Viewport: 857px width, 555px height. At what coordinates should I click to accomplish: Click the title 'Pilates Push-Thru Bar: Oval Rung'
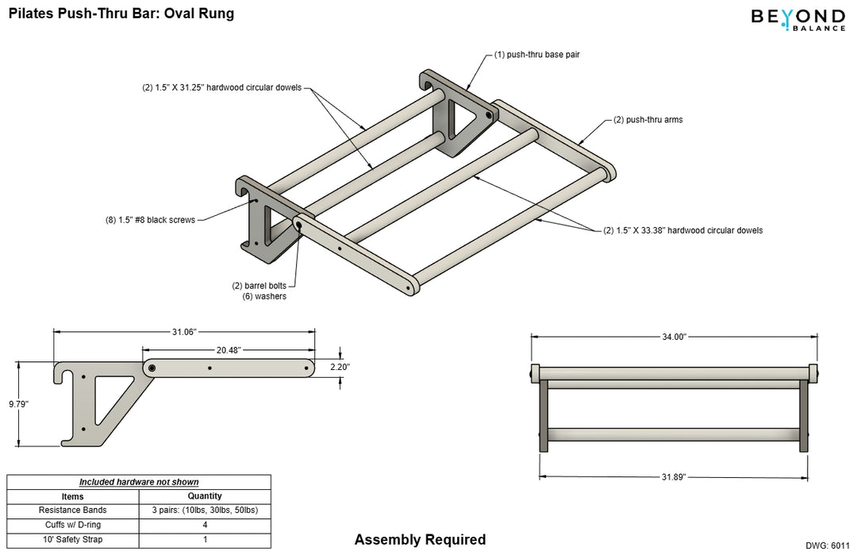click(121, 13)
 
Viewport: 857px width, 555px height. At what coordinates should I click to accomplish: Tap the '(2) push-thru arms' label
click(648, 120)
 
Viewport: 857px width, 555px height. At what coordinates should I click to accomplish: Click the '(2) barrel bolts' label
click(259, 285)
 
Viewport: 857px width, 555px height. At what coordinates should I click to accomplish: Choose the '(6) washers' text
click(264, 296)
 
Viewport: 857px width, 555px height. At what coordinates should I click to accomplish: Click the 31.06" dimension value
click(184, 332)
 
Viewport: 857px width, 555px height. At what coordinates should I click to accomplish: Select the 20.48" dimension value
click(228, 349)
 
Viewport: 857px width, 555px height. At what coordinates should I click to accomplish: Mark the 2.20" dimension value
click(340, 367)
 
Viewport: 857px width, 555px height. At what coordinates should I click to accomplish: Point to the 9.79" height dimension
click(18, 404)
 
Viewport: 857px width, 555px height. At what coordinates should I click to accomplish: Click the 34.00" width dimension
click(674, 337)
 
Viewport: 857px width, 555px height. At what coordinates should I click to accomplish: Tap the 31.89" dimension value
click(674, 476)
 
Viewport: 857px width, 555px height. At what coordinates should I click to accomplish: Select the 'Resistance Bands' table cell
click(72, 510)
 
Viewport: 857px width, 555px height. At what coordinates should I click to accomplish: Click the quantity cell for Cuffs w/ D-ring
click(204, 525)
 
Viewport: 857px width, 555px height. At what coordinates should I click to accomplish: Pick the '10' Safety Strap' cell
click(72, 540)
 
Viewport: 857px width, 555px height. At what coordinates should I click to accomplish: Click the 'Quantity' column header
click(204, 495)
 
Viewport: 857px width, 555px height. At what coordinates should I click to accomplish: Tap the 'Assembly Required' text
click(420, 540)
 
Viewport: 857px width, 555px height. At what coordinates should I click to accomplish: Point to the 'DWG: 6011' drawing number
click(827, 545)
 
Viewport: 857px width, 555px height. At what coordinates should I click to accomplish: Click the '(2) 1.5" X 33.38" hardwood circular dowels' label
click(682, 230)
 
